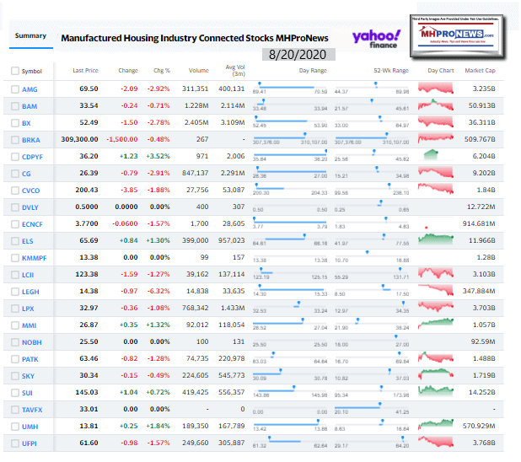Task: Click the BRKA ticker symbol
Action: (x=31, y=141)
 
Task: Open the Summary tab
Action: (x=30, y=35)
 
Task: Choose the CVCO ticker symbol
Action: (x=31, y=191)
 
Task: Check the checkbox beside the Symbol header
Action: (x=15, y=71)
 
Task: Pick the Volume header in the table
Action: (x=197, y=71)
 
